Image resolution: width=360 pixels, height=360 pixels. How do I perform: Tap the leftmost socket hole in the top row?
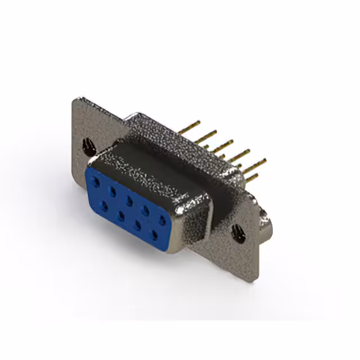[97, 182]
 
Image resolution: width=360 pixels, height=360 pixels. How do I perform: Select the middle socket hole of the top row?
[129, 200]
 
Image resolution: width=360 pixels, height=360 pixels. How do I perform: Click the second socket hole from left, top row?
[113, 191]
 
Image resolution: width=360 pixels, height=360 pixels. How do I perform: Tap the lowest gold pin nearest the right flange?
[251, 178]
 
